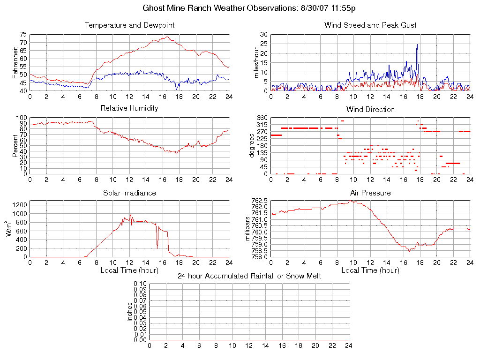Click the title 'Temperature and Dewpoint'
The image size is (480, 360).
click(129, 25)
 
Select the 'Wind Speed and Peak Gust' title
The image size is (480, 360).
click(370, 25)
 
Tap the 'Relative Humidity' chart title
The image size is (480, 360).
click(129, 108)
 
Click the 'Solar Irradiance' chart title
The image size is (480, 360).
click(129, 193)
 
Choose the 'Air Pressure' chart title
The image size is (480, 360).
click(370, 193)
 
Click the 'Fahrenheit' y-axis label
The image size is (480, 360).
click(15, 63)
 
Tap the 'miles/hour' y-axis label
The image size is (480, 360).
click(256, 63)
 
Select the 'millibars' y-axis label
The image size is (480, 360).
click(248, 229)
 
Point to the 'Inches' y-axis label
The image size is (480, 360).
click(130, 312)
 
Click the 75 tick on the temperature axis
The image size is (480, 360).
click(23, 35)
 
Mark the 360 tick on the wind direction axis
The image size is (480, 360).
click(262, 118)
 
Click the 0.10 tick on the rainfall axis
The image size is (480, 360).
click(140, 284)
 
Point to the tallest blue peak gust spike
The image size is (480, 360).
click(417, 45)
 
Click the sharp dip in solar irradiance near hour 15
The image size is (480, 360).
click(157, 246)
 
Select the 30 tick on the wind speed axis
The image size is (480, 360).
click(263, 35)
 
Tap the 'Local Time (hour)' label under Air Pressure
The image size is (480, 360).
click(370, 270)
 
